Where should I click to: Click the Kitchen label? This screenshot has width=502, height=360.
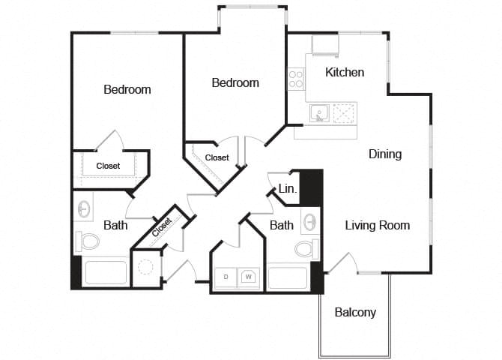coord(345,72)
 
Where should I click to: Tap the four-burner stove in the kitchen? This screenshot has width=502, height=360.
coord(296,79)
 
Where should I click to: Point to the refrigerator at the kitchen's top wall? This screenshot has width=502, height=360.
coord(325,46)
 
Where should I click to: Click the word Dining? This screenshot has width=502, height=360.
coord(385,154)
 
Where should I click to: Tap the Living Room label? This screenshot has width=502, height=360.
coord(377,225)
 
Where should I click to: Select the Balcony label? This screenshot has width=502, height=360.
coord(355,312)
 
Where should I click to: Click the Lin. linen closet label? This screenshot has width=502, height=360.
coord(288,190)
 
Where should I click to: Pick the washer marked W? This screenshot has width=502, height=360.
coord(248,277)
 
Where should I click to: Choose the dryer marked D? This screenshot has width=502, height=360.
coord(226,277)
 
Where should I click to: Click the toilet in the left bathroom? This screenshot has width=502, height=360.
coord(89,241)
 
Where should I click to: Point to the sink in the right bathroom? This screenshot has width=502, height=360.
coord(310,222)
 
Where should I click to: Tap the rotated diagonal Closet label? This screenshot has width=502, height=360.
coord(161,227)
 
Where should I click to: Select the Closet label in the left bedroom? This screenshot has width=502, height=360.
coord(108,166)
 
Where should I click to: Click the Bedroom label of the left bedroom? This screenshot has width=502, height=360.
coord(127,89)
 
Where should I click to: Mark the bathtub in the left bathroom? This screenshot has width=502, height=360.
coord(106,271)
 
